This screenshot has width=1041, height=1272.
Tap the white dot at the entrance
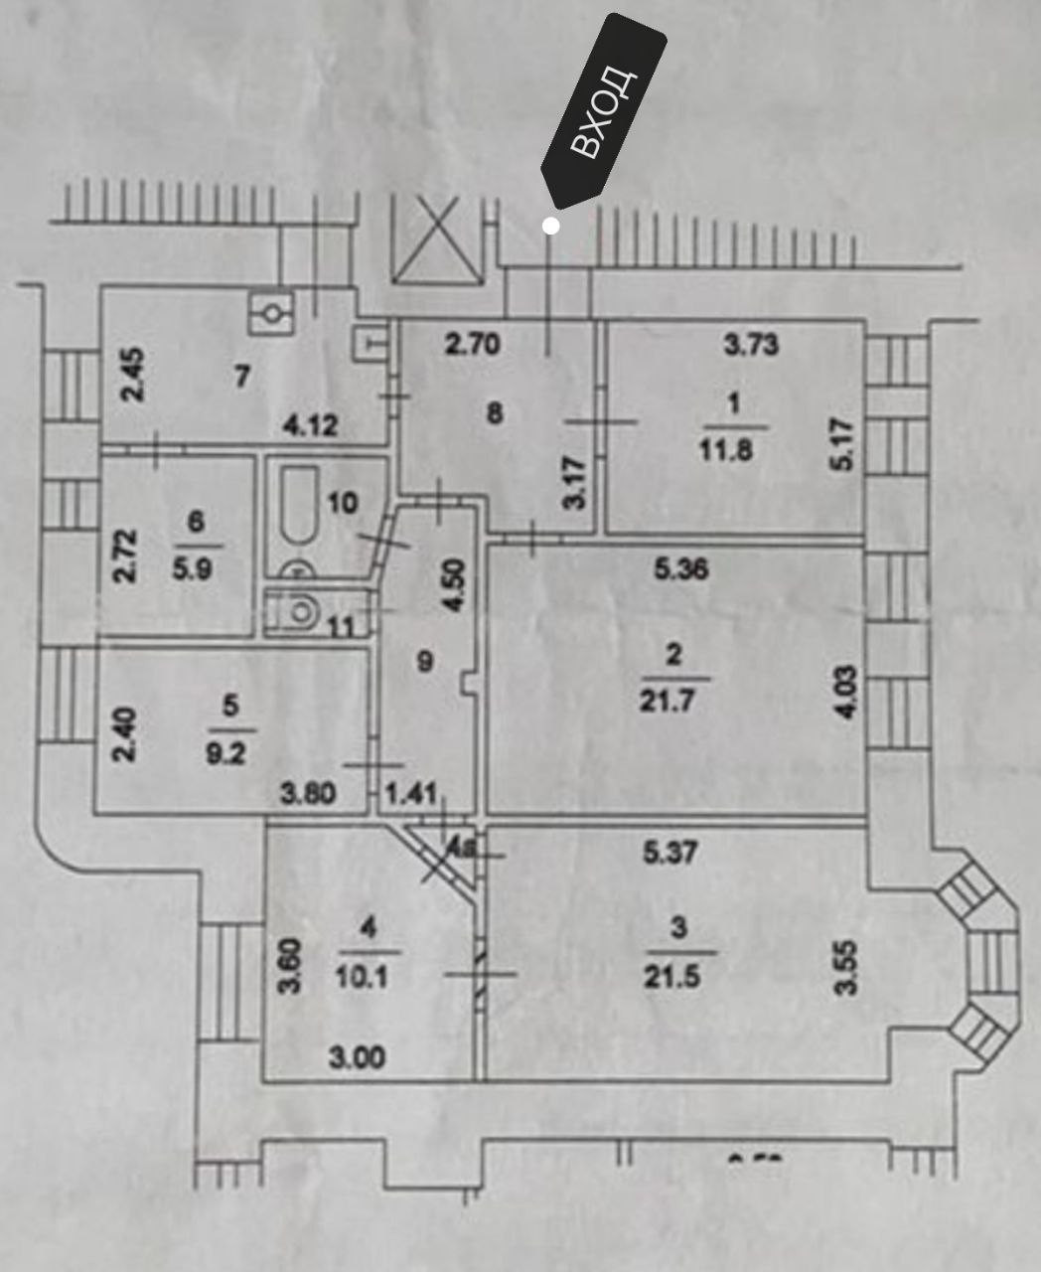[551, 227]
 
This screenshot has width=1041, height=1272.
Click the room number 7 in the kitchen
[242, 377]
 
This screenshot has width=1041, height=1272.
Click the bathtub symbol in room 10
[295, 508]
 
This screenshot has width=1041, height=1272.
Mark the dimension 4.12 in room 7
[310, 426]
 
